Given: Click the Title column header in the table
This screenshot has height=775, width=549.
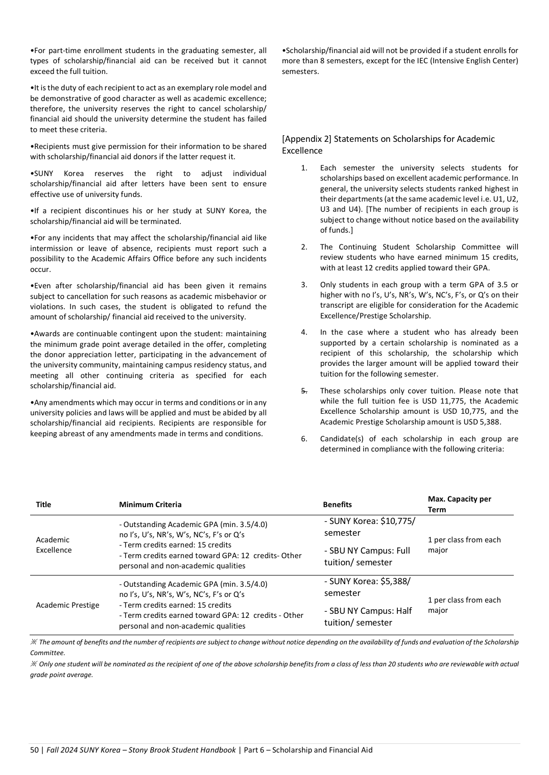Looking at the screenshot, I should (43, 505).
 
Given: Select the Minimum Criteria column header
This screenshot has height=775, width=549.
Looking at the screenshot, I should (150, 505).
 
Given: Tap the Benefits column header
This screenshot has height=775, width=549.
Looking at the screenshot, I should (337, 505).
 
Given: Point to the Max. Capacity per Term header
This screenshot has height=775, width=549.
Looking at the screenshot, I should (459, 504).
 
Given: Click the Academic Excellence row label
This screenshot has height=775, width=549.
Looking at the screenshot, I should (54, 545).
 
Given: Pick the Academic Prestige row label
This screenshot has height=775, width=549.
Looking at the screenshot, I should (67, 605).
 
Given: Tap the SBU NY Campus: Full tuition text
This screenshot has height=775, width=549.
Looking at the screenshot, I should (367, 557).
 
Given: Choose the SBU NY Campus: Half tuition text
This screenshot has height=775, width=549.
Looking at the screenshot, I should (368, 617).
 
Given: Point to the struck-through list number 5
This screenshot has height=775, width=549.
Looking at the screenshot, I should (304, 391).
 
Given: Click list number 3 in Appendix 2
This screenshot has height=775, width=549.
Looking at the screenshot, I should (304, 284).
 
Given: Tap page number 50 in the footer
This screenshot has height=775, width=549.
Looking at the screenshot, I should (34, 750).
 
